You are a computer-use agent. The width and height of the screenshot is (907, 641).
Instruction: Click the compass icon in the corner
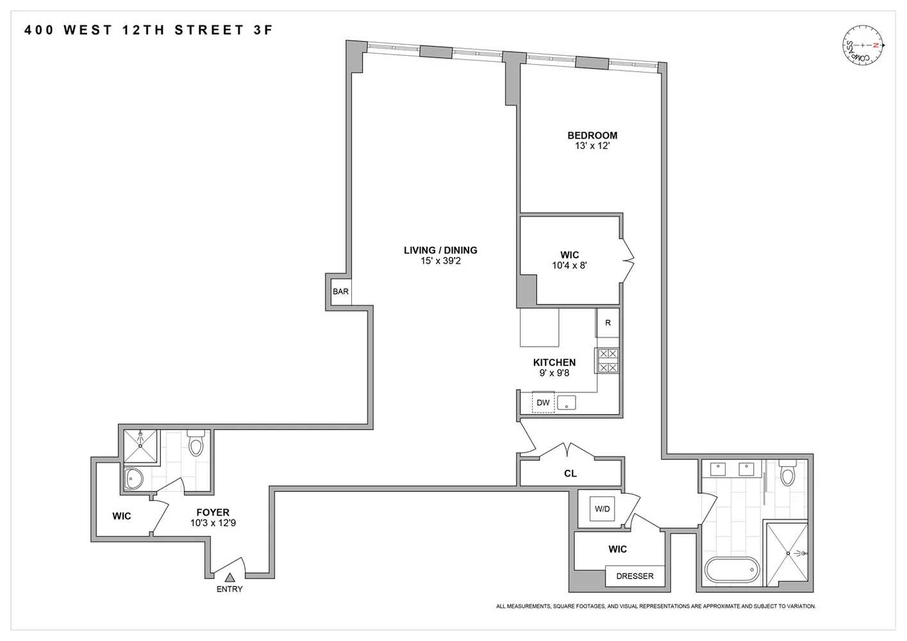[863, 46]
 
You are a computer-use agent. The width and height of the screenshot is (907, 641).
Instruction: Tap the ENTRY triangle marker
[229, 578]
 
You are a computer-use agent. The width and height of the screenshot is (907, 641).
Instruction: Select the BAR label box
[340, 292]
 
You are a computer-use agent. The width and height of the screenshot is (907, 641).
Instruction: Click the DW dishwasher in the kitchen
[543, 403]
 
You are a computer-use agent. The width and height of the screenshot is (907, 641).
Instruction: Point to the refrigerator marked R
[608, 323]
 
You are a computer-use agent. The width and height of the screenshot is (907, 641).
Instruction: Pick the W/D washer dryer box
[602, 509]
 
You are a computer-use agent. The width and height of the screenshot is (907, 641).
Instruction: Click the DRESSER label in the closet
[635, 576]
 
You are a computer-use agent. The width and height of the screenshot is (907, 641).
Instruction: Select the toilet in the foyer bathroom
[196, 444]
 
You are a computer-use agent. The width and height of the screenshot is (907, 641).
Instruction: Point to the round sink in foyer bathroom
[134, 478]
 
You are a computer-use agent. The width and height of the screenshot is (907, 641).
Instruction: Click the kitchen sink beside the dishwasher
[567, 403]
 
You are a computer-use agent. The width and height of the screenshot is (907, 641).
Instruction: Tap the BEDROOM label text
[592, 135]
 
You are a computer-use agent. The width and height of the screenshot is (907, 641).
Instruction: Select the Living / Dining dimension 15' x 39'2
[440, 261]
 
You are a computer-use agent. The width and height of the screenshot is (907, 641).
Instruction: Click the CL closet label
[570, 474]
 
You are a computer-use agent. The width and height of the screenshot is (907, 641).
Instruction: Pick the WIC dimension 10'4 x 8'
[569, 265]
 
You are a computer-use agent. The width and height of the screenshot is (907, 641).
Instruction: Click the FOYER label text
[213, 513]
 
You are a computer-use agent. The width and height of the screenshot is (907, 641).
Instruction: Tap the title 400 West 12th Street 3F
[149, 30]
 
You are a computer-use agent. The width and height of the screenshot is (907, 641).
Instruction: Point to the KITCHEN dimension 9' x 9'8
[554, 373]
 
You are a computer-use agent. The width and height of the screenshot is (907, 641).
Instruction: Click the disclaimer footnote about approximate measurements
[655, 606]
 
